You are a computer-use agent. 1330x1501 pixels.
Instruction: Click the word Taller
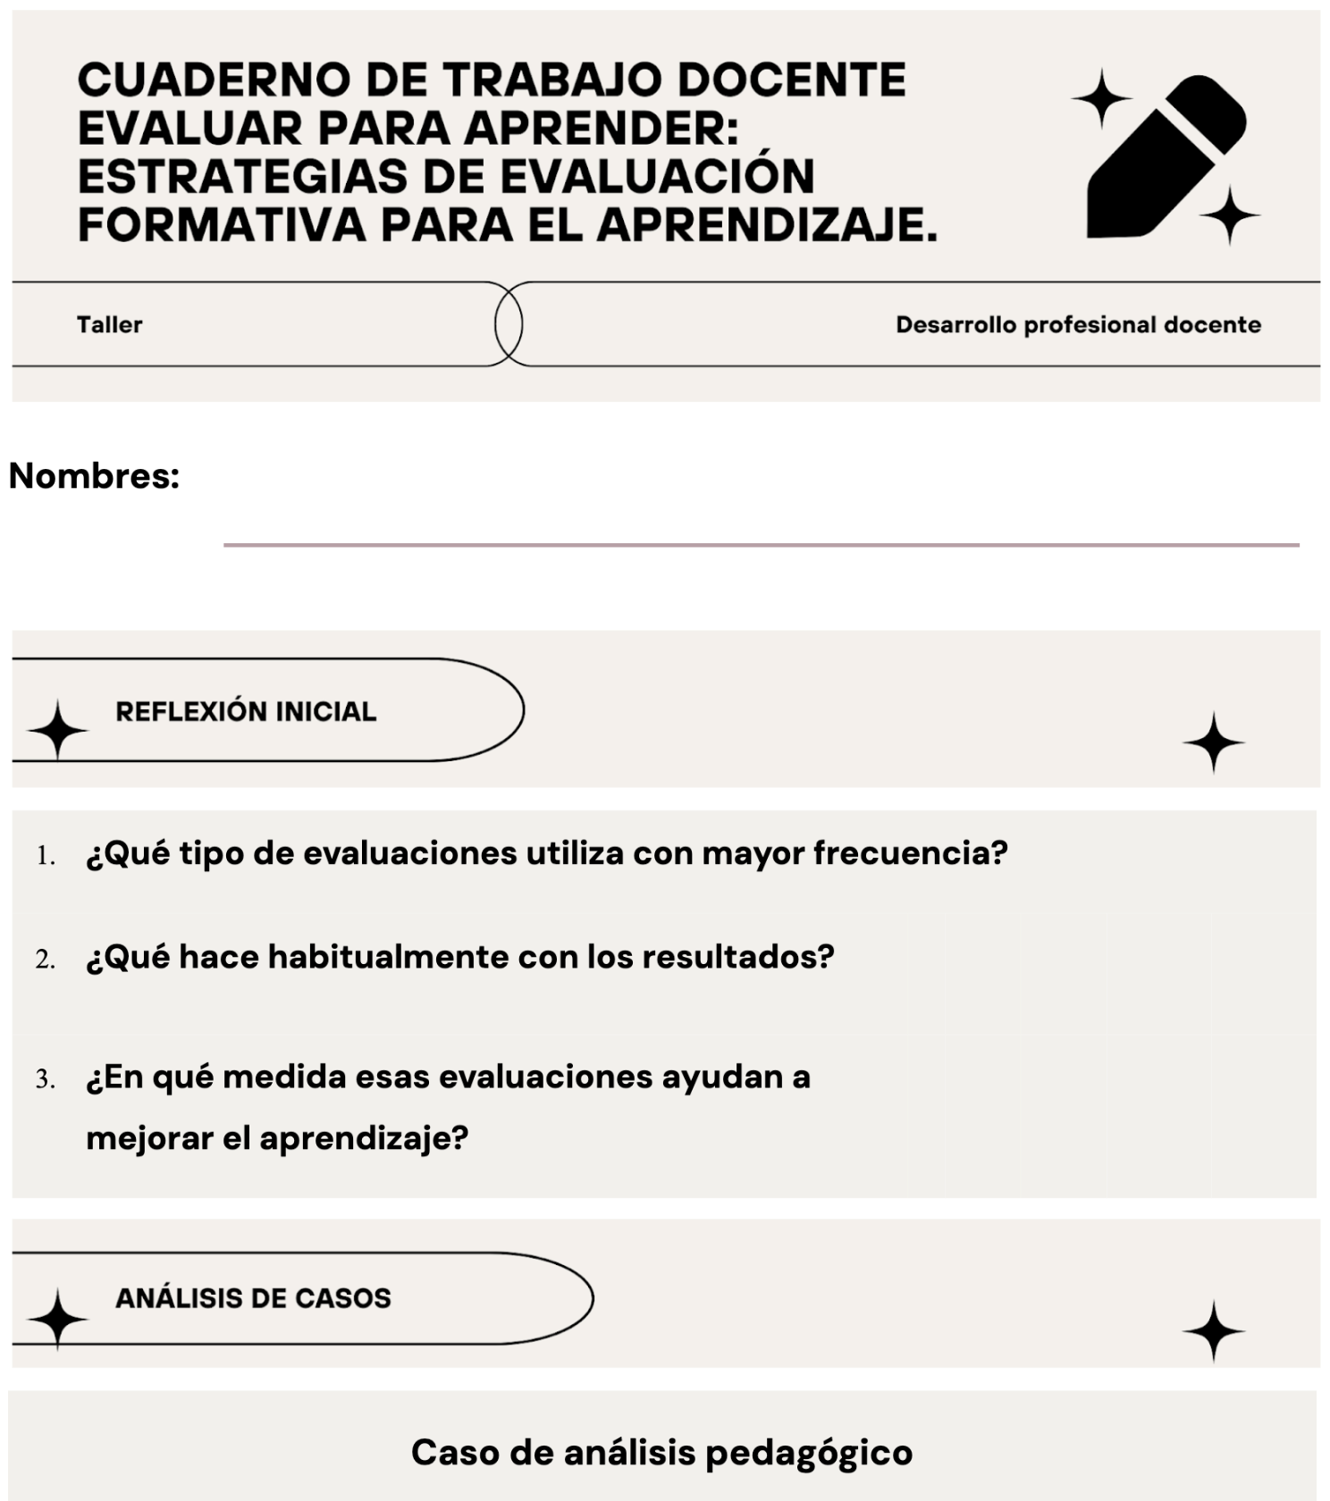point(109,324)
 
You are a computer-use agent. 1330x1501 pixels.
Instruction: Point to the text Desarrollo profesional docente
point(1078,324)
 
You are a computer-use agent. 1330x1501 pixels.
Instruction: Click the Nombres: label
point(94,475)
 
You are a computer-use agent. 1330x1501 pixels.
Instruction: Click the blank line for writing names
point(760,543)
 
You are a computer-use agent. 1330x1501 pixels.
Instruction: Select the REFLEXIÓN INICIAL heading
point(246,711)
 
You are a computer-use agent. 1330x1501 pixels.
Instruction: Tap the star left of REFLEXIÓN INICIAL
point(57,730)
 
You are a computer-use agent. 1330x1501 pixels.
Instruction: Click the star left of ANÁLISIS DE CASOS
point(57,1319)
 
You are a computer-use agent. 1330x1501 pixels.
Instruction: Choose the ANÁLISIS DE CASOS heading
point(253,1297)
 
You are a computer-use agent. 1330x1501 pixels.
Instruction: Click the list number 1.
point(46,856)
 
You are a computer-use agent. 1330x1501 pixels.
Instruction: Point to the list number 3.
point(46,1079)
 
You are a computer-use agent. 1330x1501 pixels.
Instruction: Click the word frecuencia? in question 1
point(910,853)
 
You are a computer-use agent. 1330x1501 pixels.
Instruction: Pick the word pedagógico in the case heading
point(809,1453)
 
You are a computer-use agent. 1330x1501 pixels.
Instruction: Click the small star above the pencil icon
point(1101,98)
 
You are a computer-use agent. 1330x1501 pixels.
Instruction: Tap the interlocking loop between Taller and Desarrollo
point(509,323)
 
